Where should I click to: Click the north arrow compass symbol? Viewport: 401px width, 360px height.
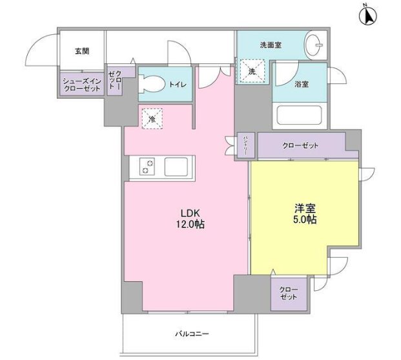tap(368, 16)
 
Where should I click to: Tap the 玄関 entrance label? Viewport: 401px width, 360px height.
tap(82, 51)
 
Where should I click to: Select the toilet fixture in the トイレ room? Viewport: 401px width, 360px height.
tap(152, 83)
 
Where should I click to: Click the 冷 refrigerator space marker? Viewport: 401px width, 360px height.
tap(152, 118)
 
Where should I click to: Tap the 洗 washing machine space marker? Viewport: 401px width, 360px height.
tap(252, 71)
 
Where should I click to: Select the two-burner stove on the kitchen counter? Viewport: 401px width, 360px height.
tap(147, 167)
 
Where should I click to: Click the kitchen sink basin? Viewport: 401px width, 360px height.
tap(176, 167)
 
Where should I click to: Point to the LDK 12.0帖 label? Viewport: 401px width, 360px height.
tap(190, 218)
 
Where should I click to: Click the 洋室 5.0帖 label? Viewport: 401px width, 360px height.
tap(305, 214)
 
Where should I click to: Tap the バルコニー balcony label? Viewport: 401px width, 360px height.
tap(192, 334)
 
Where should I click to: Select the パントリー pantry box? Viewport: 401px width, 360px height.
tap(246, 145)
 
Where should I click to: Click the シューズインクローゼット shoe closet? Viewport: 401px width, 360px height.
tap(82, 84)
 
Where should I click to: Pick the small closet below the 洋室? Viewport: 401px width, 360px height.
tap(289, 294)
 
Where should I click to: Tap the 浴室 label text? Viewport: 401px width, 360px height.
tap(302, 84)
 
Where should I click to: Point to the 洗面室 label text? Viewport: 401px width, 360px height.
tap(271, 45)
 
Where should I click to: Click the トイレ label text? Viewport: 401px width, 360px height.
tap(178, 84)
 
